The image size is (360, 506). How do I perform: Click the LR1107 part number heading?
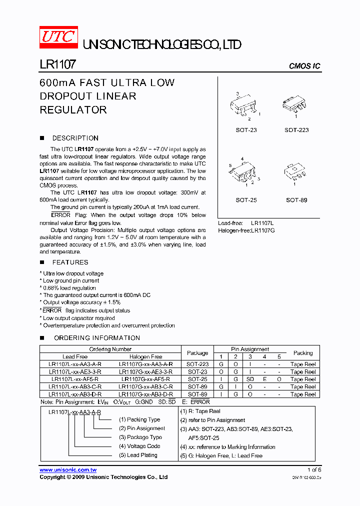[57, 65]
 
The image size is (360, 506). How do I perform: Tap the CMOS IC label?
[304, 66]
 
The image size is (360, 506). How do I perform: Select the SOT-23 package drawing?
[245, 106]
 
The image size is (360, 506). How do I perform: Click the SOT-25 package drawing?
[245, 173]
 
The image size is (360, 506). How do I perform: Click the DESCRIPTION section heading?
[75, 138]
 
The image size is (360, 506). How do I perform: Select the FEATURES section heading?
[70, 262]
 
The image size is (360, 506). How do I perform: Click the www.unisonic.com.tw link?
[68, 470]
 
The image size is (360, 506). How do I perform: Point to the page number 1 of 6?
[314, 470]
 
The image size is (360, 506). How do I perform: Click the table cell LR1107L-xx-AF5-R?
[75, 379]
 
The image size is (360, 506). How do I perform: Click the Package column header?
[197, 352]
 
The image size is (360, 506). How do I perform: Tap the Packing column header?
[303, 352]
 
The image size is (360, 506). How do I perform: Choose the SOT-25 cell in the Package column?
[197, 379]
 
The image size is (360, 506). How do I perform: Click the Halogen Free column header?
[146, 356]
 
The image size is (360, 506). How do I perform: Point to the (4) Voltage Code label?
[139, 446]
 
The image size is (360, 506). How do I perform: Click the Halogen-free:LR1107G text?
[246, 230]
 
